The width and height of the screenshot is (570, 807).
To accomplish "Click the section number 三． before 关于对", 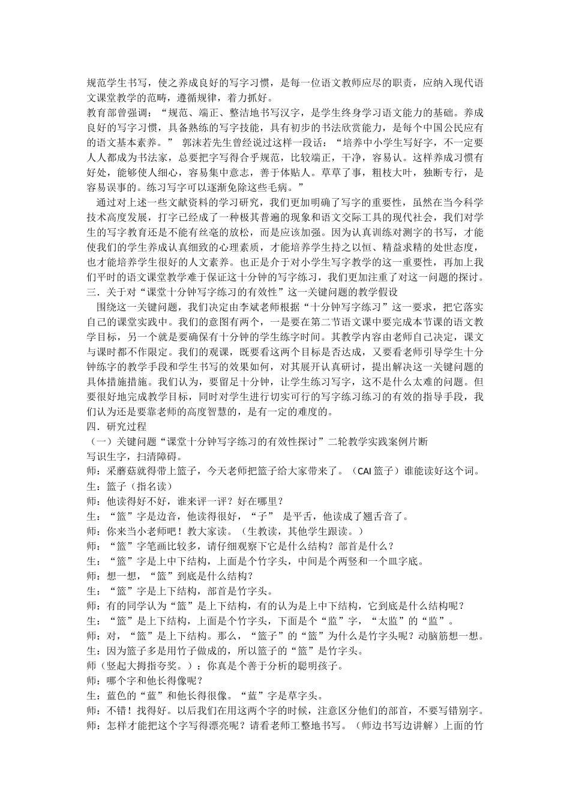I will point(93,292).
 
